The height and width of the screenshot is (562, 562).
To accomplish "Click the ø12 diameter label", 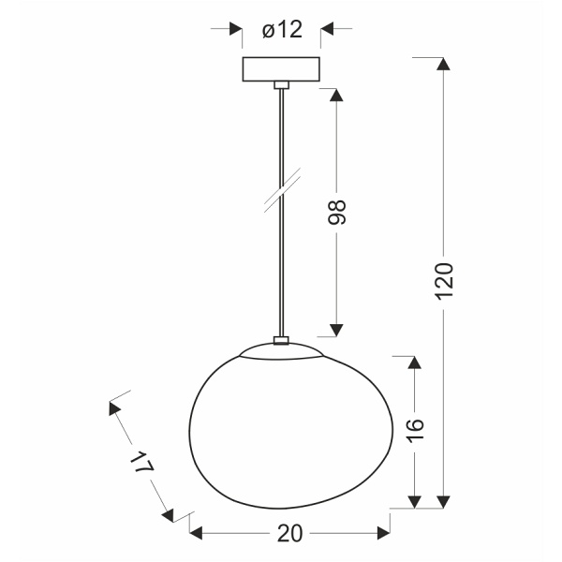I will coord(281,30).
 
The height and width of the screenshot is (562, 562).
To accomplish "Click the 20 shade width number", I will coord(290,533).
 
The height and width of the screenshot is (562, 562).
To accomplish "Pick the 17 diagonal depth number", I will coord(141,465).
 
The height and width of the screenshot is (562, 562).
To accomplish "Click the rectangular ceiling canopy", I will coord(281,70).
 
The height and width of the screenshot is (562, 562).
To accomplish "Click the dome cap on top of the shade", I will coord(280,350).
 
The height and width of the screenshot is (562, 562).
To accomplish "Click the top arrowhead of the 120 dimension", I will coord(444,66).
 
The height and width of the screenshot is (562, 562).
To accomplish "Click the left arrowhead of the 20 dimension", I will coord(198,533).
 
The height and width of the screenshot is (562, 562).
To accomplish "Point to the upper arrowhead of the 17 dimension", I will coord(115,408).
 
